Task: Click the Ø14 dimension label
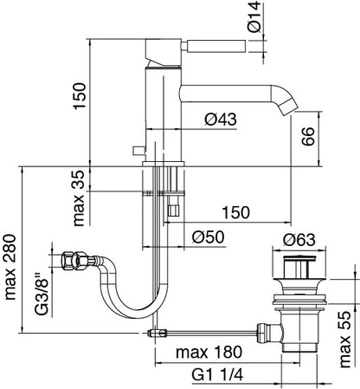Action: click(x=254, y=16)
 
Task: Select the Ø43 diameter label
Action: click(x=221, y=119)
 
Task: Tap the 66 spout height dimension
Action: click(x=308, y=136)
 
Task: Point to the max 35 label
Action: click(x=79, y=198)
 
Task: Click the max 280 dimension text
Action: click(x=10, y=267)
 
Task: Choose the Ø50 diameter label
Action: click(x=208, y=237)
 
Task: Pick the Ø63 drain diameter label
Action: click(x=299, y=240)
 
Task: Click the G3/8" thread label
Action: click(x=42, y=294)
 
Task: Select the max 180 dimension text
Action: click(x=209, y=352)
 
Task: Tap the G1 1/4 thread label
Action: click(x=217, y=375)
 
